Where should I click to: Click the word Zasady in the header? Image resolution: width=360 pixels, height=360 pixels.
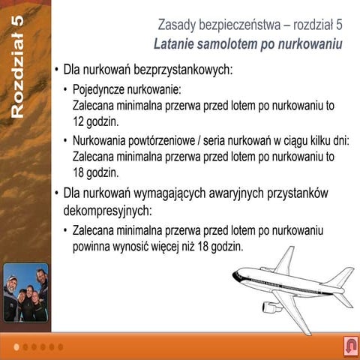(179, 24)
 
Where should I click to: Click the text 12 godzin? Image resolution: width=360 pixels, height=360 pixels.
(95, 120)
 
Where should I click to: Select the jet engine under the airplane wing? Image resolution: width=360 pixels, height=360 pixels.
(271, 306)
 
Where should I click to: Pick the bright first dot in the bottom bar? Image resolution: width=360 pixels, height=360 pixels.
(16, 346)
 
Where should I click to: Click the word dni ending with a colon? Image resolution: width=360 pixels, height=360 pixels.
(340, 140)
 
